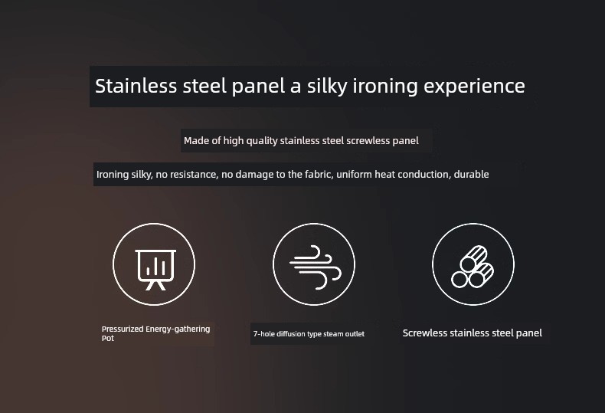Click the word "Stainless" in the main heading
[x=136, y=86]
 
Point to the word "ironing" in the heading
[x=385, y=87]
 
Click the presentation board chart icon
[x=155, y=270]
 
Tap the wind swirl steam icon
[x=316, y=267]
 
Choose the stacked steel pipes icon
[x=473, y=267]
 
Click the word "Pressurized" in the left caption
[x=123, y=329]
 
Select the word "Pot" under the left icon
[x=108, y=338]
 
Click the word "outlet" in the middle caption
[x=355, y=334]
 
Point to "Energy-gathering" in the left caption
[x=178, y=329]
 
